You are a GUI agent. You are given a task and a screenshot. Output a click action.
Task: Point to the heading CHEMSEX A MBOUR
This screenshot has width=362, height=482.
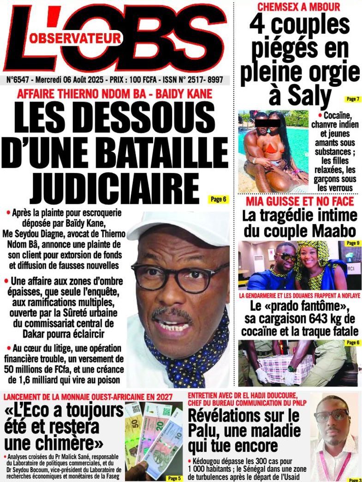click(298, 7)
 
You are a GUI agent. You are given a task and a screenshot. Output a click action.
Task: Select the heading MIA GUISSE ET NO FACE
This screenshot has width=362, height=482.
click(299, 202)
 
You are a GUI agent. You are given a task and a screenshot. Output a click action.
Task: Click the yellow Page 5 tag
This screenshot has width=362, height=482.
click(173, 478)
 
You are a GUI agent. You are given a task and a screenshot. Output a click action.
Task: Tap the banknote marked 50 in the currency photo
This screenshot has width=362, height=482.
click(135, 427)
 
